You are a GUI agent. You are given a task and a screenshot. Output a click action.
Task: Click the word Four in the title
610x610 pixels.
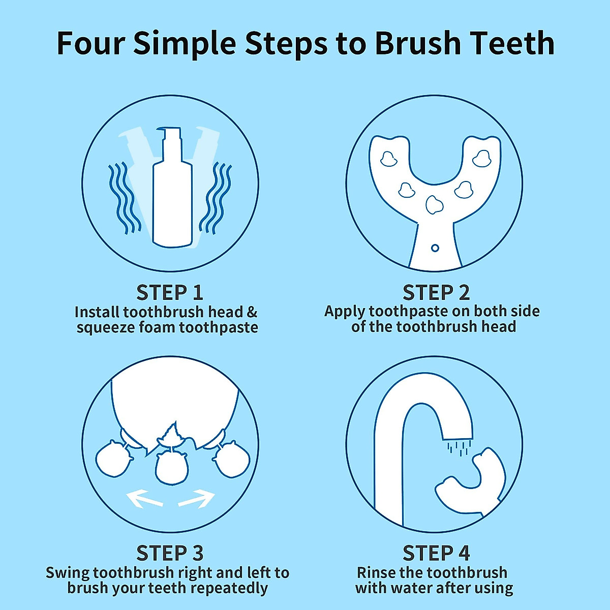point(89,43)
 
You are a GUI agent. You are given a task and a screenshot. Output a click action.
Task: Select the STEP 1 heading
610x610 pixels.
point(170,293)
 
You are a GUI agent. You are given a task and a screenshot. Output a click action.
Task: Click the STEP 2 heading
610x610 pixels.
point(436,293)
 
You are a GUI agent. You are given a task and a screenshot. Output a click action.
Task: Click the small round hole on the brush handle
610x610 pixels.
point(435,248)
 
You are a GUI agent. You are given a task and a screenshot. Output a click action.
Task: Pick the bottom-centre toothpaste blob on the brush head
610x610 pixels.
point(434,204)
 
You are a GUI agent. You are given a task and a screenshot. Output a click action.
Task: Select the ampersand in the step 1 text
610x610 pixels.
point(252,312)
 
